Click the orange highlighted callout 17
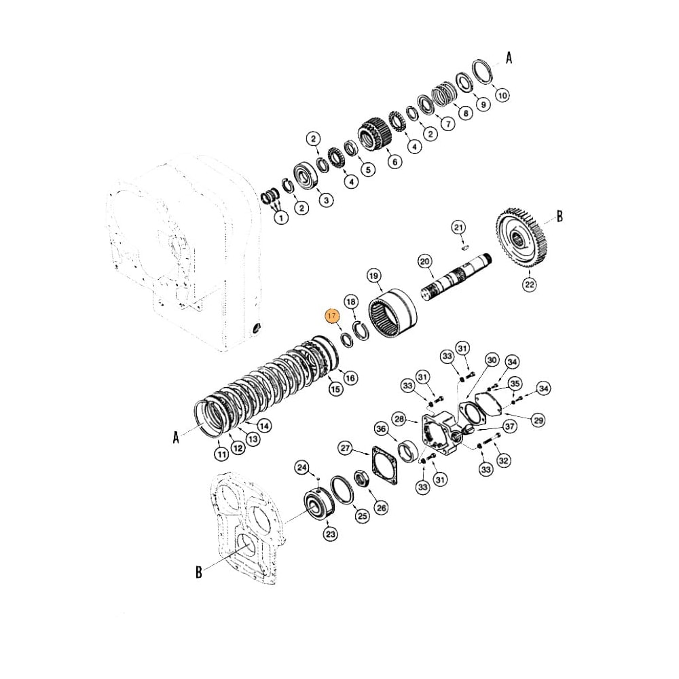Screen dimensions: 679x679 coord(332,316)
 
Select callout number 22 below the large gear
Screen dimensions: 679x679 coord(529,283)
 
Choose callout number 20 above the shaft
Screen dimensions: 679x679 coord(425,261)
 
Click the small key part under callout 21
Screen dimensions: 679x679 coord(462,247)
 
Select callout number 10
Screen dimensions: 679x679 coord(502,96)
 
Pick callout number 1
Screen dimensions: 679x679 coord(279,217)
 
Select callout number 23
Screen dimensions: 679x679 coord(330,534)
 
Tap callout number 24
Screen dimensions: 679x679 coord(301,467)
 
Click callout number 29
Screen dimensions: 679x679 coord(538,421)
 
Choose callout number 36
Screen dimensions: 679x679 coord(381,429)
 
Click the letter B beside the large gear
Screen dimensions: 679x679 coord(560,217)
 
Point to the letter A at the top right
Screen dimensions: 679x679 coord(509,58)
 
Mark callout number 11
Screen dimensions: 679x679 coord(221,454)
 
